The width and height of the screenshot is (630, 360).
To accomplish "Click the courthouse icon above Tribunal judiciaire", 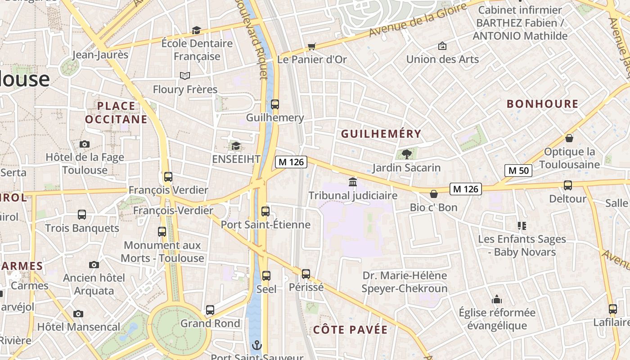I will pos(353,182).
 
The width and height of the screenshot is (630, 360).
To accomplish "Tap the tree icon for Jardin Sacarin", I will pos(407,154).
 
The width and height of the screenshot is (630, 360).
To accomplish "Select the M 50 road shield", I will pos(518,171).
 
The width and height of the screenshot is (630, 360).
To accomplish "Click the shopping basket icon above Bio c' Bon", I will pos(434,194).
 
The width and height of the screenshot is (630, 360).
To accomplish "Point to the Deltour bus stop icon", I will pos(568,185).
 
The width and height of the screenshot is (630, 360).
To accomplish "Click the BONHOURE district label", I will pos(542,104).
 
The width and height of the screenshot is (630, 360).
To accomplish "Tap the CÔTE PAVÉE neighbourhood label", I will pos(350,330).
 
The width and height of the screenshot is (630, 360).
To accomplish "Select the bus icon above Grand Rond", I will pos(210,310).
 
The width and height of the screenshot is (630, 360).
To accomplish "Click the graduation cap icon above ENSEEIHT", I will pos(236,146).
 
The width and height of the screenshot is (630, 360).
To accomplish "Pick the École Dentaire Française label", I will pos(197,50).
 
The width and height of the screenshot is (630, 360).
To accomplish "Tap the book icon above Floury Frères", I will pos(185,76).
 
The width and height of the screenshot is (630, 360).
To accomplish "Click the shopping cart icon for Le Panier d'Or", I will pos(311,46).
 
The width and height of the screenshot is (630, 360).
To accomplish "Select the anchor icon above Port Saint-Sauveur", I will pos(256,345).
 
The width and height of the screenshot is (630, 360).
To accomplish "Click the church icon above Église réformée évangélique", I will pos(497,299).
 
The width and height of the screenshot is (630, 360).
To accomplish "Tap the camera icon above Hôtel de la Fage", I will pos(84,144).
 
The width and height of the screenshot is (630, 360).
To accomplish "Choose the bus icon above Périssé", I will pos(306,274).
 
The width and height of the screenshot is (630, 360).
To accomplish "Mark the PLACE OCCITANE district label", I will pos(116,112).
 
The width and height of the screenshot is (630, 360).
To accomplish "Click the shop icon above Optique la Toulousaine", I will pos(569,138).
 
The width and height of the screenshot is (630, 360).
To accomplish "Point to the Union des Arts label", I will pos(442,59).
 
